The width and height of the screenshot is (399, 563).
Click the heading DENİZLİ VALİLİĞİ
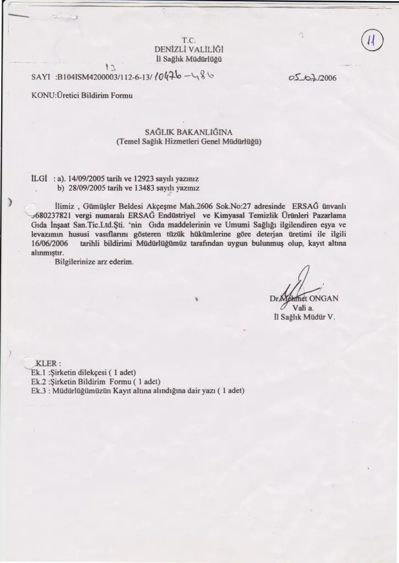pyautogui.click(x=188, y=49)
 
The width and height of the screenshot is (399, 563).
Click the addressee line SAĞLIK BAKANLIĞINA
pyautogui.click(x=188, y=132)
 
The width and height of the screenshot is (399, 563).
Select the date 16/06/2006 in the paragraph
pyautogui.click(x=46, y=243)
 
